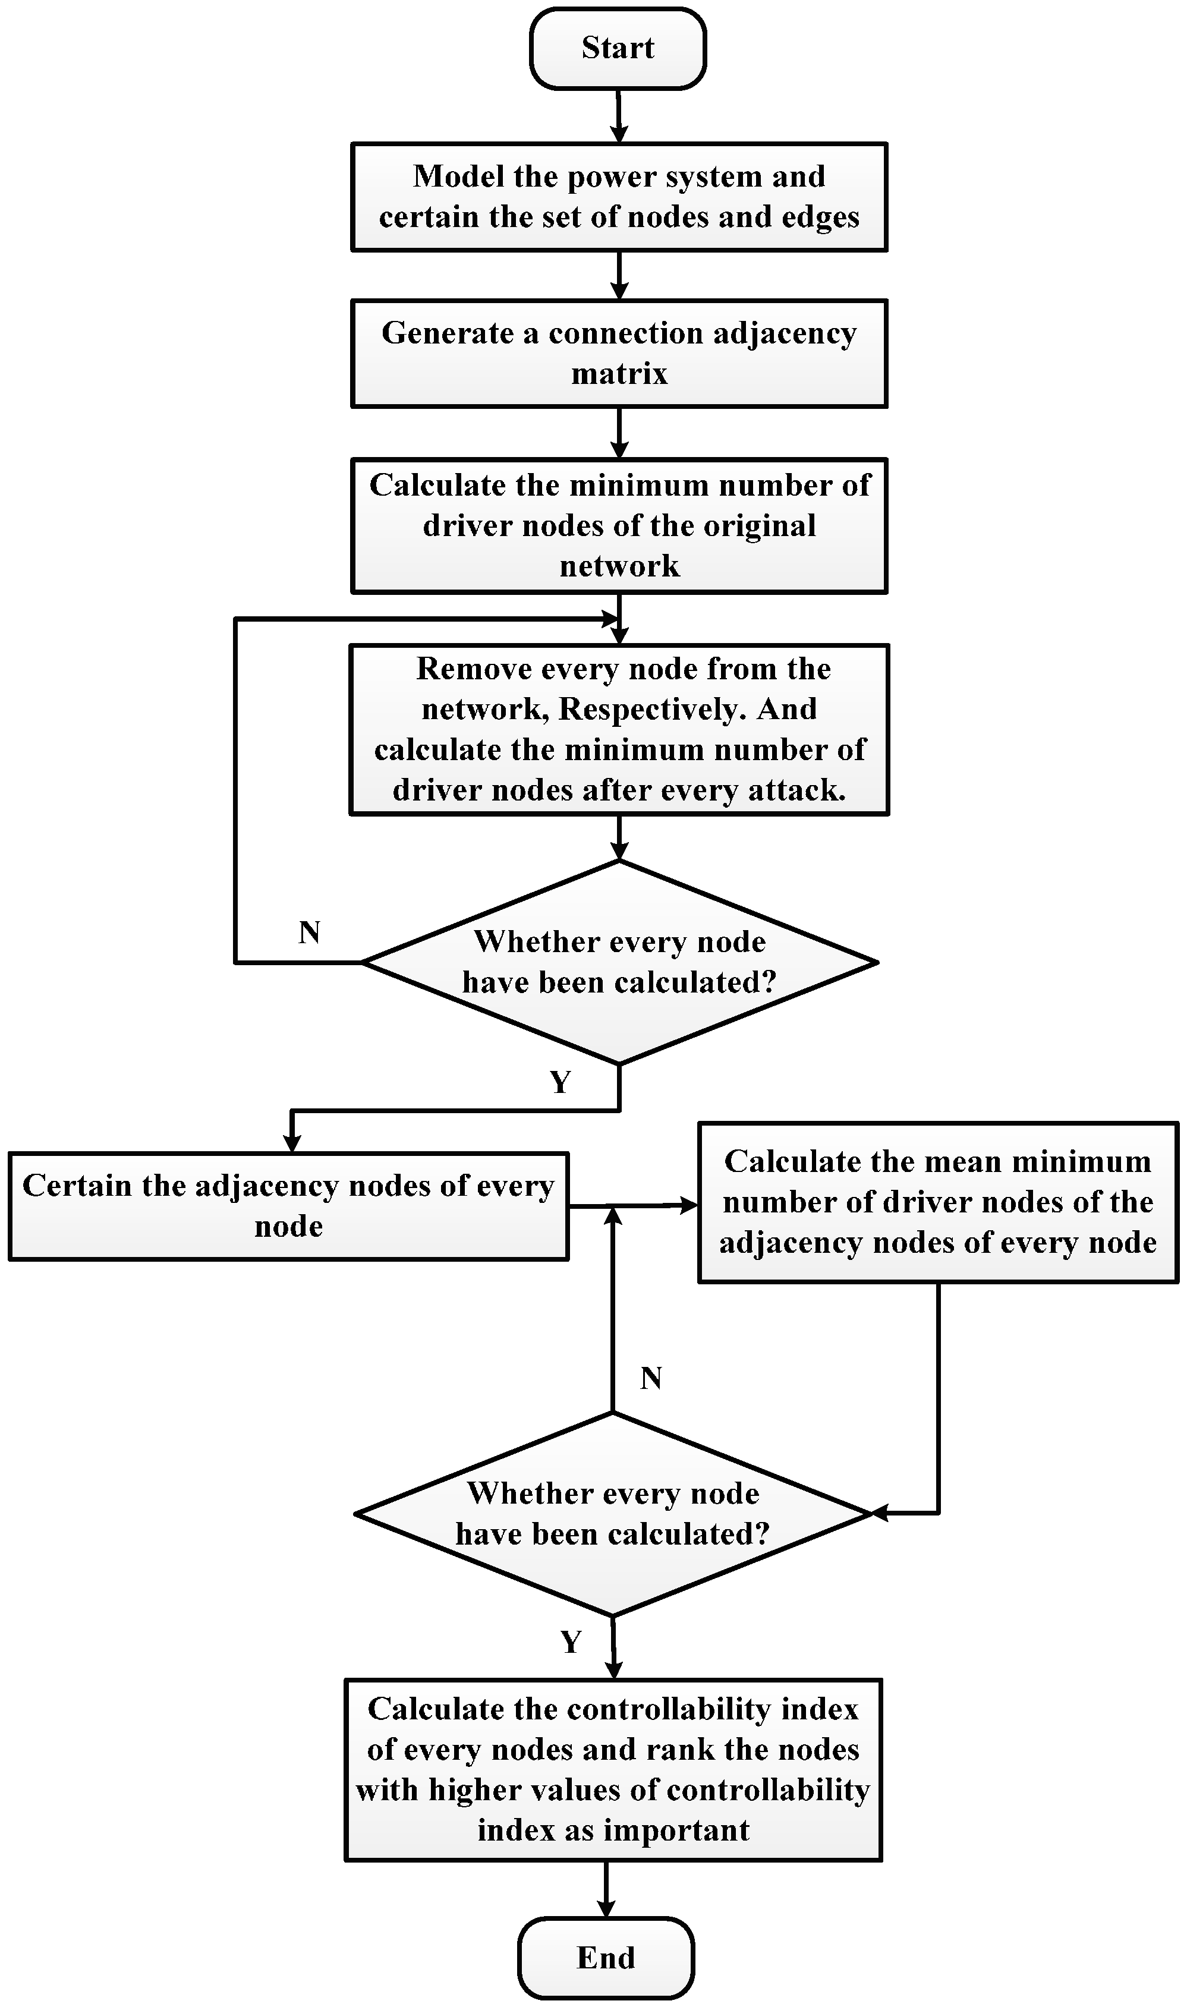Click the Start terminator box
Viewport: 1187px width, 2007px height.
(618, 48)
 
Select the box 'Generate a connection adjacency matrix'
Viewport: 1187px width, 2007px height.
(619, 354)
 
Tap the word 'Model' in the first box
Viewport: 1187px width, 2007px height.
(458, 177)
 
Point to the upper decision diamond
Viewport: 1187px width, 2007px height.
(619, 962)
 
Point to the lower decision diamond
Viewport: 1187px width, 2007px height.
(613, 1514)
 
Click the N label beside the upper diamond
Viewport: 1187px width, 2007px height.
(310, 932)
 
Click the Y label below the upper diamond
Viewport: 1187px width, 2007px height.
(560, 1083)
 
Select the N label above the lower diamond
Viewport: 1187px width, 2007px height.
(651, 1379)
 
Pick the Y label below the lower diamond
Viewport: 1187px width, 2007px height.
(570, 1642)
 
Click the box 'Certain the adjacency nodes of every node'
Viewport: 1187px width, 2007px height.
(289, 1206)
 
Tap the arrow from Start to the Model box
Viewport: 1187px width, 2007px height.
(618, 116)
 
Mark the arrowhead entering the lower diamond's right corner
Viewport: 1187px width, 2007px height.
(880, 1513)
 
